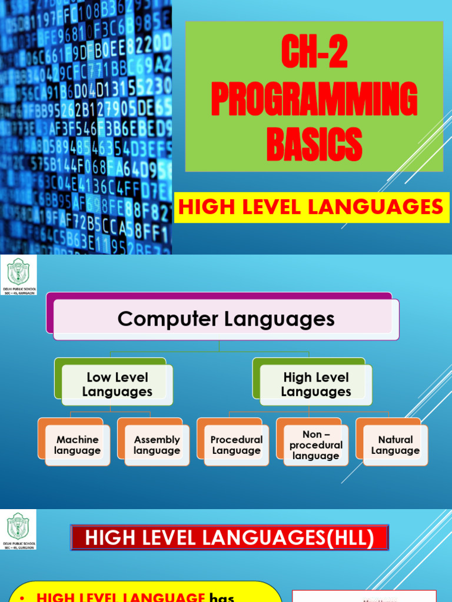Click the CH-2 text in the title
(x=314, y=53)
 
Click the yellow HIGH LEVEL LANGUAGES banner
(x=311, y=207)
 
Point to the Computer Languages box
(x=226, y=319)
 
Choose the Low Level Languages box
(x=117, y=384)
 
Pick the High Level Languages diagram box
(x=316, y=384)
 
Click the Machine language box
(x=78, y=445)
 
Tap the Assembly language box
(x=157, y=445)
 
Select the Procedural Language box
(x=236, y=445)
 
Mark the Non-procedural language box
(x=315, y=445)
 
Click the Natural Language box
(x=395, y=445)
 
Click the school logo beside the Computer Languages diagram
(x=18, y=275)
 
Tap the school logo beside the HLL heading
(x=18, y=530)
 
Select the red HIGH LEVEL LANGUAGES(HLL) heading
(x=230, y=538)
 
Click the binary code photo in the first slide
(x=86, y=126)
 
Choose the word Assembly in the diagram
(x=157, y=439)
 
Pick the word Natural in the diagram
(x=395, y=439)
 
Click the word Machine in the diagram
(x=78, y=439)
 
